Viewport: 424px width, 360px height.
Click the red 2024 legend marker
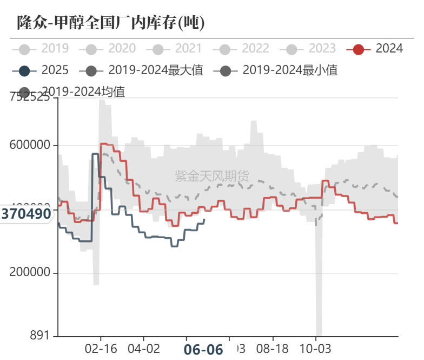tap(358, 49)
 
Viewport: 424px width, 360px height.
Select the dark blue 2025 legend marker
tap(24, 70)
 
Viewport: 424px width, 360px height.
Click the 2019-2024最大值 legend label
tap(156, 70)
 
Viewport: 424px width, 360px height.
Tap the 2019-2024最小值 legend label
tap(290, 70)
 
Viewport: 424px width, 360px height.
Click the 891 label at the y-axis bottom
tap(39, 336)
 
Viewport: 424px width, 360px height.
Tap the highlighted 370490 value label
tap(26, 214)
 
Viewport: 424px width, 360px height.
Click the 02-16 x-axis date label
tap(101, 349)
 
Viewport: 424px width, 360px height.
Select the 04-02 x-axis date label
tap(144, 349)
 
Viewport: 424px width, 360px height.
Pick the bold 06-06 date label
tap(203, 350)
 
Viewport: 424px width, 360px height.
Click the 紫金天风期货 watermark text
tap(212, 175)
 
